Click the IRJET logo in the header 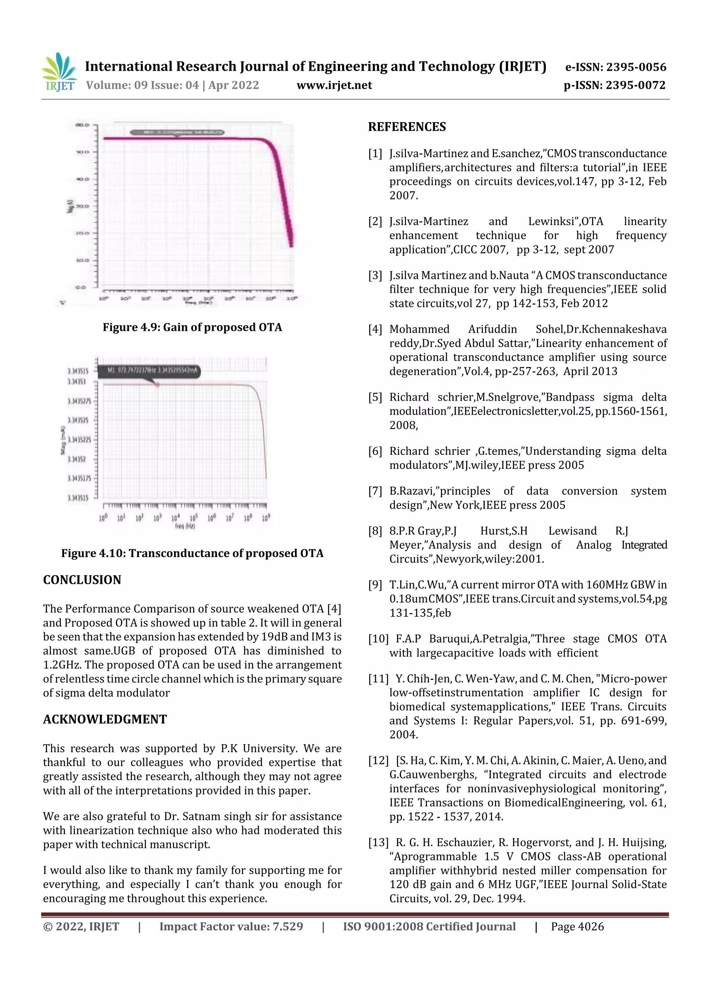60,73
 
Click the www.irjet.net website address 334,85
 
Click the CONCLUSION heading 82,580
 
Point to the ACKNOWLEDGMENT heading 105,719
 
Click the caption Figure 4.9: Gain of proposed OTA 192,327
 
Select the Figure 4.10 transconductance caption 192,553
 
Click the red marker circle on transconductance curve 157,385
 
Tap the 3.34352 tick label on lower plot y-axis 77,459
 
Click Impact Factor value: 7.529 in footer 231,927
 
